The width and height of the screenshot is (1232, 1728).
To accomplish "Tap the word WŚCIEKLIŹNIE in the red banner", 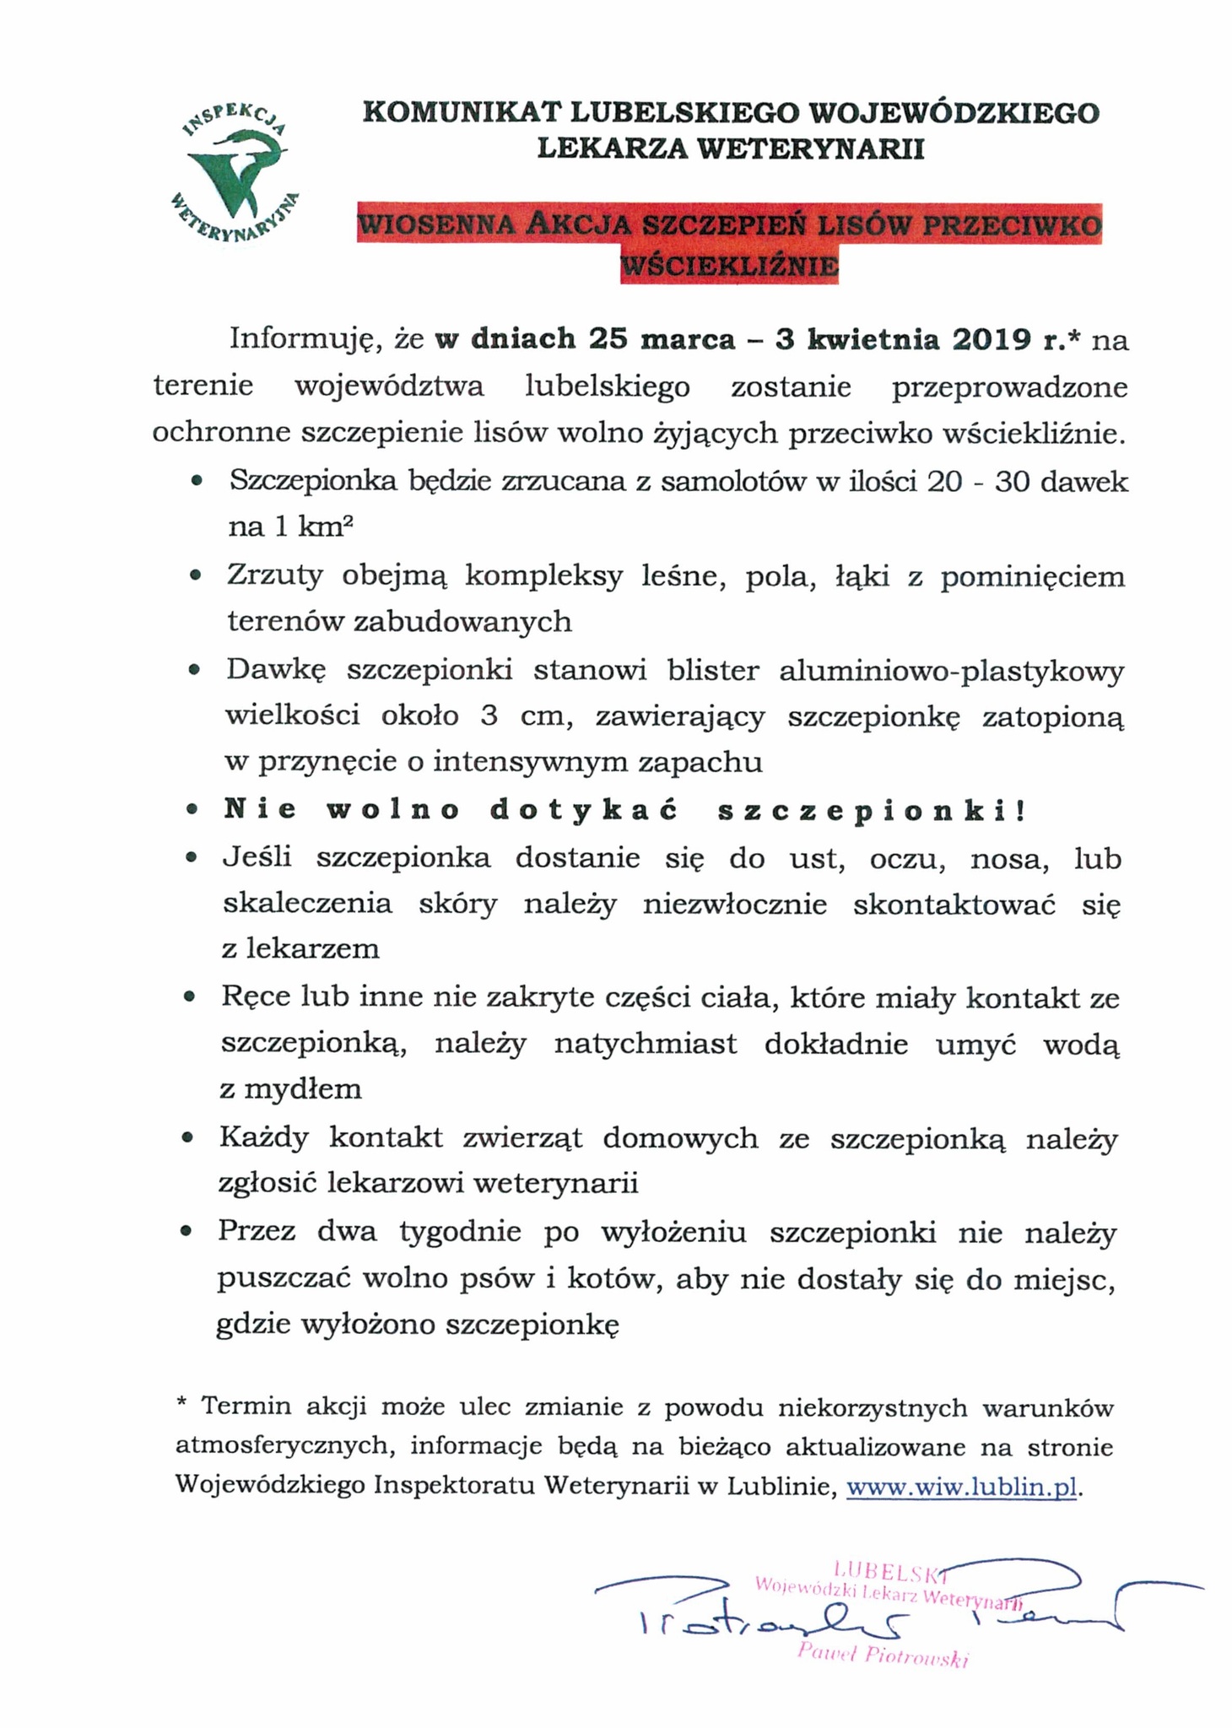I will coord(729,267).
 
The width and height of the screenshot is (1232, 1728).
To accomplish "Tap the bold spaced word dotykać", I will coord(585,810).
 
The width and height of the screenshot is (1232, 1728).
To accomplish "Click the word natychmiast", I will coord(646,1044).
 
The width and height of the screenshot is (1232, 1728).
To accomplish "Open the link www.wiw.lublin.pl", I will coord(961,1486).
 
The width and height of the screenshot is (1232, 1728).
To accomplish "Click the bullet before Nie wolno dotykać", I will coord(192,810).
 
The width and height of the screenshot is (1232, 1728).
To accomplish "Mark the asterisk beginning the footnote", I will coord(181,1401).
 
